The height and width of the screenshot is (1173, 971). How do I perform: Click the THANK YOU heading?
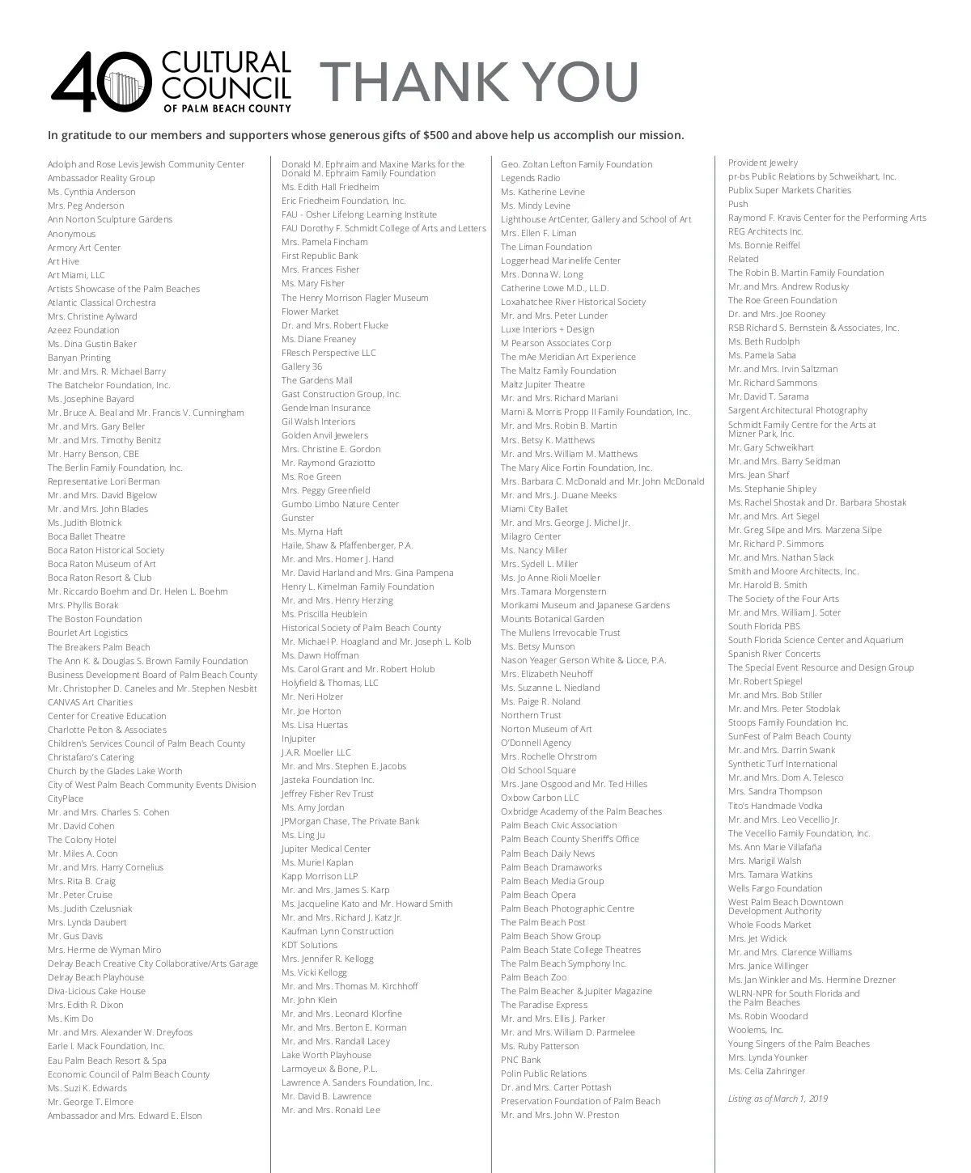pyautogui.click(x=479, y=82)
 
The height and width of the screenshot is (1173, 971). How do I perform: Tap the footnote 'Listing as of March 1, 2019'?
pyautogui.click(x=778, y=1099)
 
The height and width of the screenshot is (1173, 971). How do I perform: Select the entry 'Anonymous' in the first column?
pyautogui.click(x=71, y=234)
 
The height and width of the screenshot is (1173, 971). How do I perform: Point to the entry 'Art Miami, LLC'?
pyautogui.click(x=76, y=275)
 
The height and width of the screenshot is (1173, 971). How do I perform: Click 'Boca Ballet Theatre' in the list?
pyautogui.click(x=87, y=536)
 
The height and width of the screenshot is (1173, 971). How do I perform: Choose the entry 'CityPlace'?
pyautogui.click(x=66, y=798)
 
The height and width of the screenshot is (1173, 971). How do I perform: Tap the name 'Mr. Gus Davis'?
pyautogui.click(x=75, y=936)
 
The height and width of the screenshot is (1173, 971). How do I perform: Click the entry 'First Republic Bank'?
pyautogui.click(x=320, y=256)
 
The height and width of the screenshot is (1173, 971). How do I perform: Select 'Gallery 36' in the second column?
pyautogui.click(x=302, y=366)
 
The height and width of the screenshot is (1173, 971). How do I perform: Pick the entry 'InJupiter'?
pyautogui.click(x=299, y=739)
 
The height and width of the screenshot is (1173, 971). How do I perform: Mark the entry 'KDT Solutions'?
pyautogui.click(x=309, y=945)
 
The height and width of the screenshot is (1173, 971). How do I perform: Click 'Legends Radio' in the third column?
pyautogui.click(x=531, y=178)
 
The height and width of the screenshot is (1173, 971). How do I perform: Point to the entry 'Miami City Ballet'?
pyautogui.click(x=534, y=509)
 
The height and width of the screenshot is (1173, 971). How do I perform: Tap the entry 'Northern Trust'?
pyautogui.click(x=531, y=715)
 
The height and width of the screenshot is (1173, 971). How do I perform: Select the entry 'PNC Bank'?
pyautogui.click(x=521, y=1060)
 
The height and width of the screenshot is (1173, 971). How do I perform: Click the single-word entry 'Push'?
pyautogui.click(x=738, y=204)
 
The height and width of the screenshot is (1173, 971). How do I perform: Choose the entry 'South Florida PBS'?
pyautogui.click(x=764, y=626)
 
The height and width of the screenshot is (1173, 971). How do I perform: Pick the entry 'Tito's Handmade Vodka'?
pyautogui.click(x=775, y=806)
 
